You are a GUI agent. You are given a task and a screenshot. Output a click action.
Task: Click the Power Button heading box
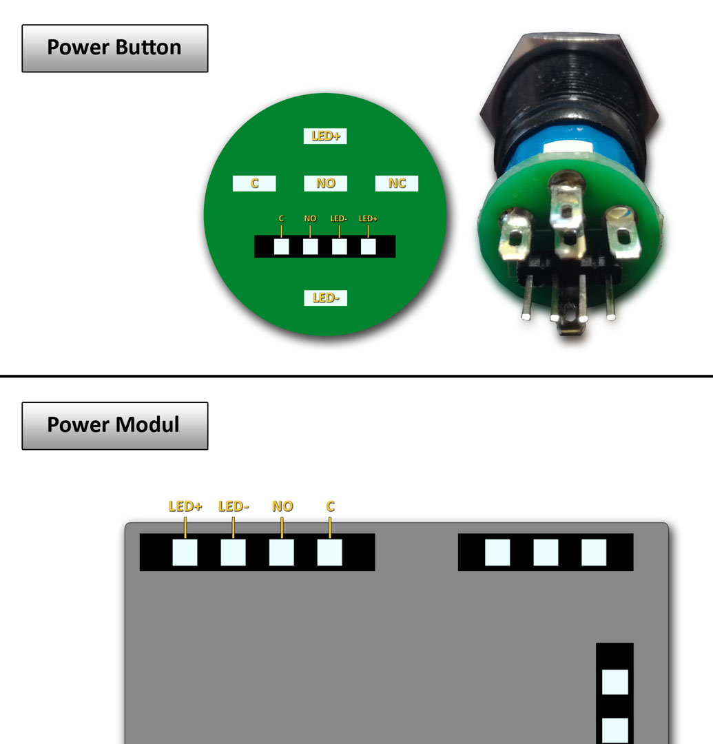click(114, 48)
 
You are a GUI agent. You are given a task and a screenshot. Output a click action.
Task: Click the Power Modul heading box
click(114, 425)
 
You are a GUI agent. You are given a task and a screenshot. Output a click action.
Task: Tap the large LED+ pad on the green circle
click(325, 136)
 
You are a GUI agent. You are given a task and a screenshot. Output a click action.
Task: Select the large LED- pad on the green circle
click(325, 298)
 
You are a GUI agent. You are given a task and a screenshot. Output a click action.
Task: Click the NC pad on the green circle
click(397, 183)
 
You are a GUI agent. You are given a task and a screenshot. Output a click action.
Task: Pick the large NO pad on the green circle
click(325, 183)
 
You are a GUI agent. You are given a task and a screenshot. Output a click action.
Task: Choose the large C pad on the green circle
click(254, 183)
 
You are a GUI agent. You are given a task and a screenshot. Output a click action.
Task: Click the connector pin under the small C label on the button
click(281, 247)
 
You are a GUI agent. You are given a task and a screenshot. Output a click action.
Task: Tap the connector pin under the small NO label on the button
click(310, 247)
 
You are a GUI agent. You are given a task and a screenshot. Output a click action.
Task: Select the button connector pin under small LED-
click(339, 247)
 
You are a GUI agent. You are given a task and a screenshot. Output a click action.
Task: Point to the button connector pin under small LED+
click(369, 247)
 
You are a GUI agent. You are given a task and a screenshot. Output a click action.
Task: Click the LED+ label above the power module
click(185, 506)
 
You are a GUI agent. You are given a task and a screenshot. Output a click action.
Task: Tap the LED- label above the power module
click(234, 506)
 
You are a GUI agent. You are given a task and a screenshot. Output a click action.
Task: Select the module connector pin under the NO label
click(281, 552)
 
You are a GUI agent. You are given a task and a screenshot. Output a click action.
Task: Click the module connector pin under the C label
click(329, 552)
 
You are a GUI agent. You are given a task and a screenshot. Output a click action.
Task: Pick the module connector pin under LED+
click(185, 552)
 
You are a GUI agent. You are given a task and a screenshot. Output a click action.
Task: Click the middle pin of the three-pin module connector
click(546, 552)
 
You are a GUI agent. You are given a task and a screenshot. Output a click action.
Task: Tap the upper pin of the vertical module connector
click(614, 682)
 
